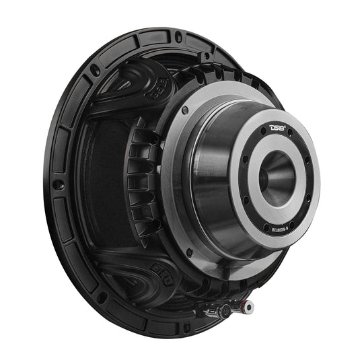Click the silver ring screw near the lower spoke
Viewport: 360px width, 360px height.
[x=189, y=253]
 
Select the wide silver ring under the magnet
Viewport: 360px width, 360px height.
[x=176, y=202]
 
